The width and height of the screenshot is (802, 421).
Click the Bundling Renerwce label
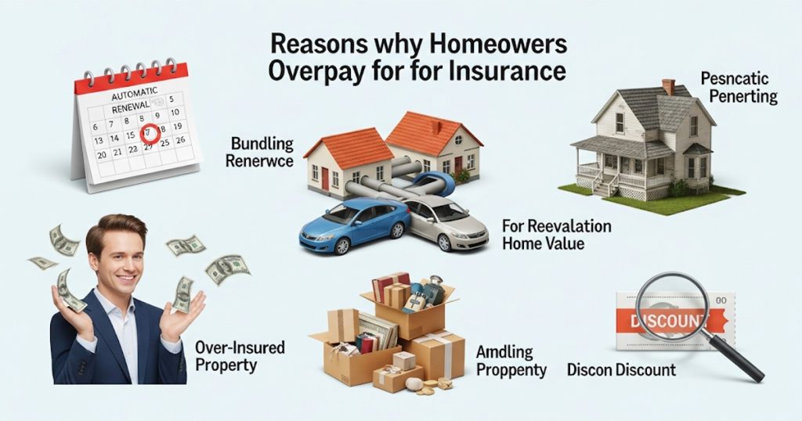pos(262,153)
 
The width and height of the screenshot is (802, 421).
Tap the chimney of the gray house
pos(668,87)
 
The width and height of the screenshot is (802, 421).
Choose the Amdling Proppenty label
pos(511,360)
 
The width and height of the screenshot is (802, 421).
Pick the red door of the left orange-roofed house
pos(325,178)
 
